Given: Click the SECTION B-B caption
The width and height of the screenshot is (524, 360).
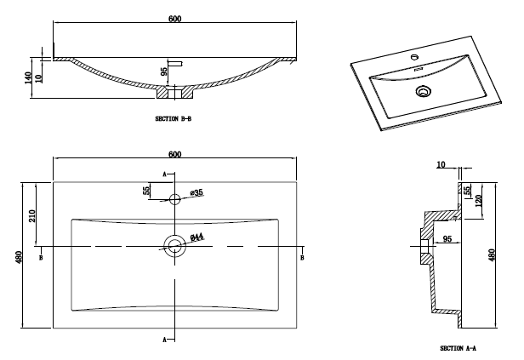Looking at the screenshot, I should coord(174,118).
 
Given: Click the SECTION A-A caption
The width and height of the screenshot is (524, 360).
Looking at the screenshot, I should coord(458,348).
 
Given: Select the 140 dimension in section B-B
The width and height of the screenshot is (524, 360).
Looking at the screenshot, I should coord(29,77).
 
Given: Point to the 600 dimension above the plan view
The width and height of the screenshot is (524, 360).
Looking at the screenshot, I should coord(174,154).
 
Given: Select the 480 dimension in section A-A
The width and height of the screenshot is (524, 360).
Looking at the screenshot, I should coord(491,255).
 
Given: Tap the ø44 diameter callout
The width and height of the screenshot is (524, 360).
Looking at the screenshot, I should coord(195,237).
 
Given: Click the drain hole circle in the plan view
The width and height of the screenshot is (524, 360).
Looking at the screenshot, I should coord(174,247).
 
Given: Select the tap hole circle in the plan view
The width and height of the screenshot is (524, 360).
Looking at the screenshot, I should coord(174,200).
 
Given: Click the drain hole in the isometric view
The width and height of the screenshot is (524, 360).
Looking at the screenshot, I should coord(424,91).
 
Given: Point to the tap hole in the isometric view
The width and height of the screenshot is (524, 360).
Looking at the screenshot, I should coord(415,58).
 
